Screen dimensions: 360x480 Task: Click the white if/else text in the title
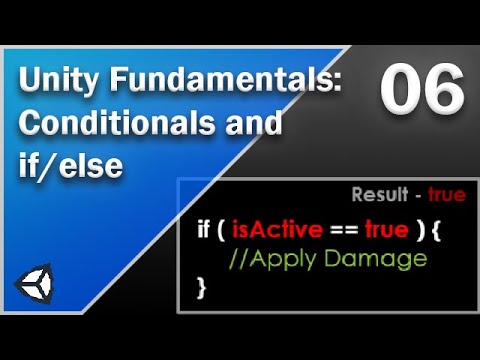69,166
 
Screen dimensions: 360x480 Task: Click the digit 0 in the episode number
397,93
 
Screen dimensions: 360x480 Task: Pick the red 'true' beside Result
446,195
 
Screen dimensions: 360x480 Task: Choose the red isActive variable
276,229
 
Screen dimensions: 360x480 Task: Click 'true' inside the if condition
387,229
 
